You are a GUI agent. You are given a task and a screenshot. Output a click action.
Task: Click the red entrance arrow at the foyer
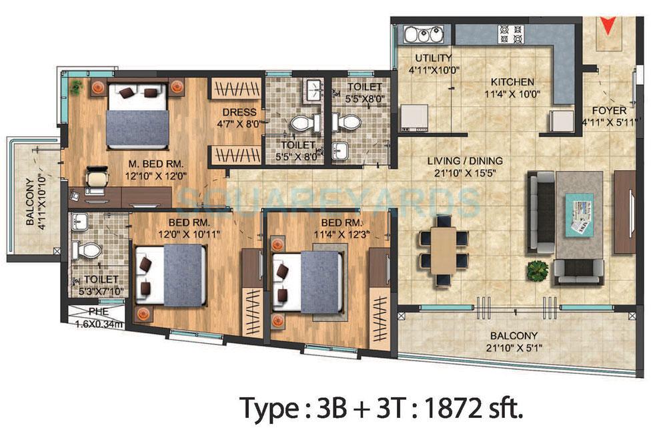pyautogui.click(x=606, y=25)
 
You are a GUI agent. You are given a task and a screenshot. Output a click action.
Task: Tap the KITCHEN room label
pyautogui.click(x=510, y=81)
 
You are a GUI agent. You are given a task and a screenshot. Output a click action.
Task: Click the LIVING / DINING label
pyautogui.click(x=466, y=161)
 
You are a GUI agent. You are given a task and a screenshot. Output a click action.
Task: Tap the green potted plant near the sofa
pyautogui.click(x=537, y=270)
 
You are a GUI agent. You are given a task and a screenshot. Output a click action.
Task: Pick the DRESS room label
pyautogui.click(x=235, y=112)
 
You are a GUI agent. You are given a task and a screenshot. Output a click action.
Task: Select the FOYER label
pyautogui.click(x=608, y=110)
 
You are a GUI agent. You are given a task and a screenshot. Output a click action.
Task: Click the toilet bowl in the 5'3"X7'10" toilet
pyautogui.click(x=87, y=250)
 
